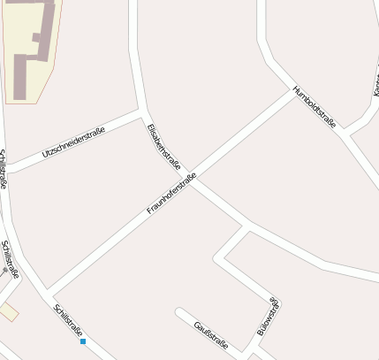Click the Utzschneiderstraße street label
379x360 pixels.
point(73,143)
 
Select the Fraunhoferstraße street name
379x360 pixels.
point(171,195)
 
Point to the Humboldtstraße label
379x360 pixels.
point(315,107)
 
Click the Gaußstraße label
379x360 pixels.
point(211,335)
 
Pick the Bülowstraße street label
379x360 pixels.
point(268,318)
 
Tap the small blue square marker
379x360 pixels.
point(83,341)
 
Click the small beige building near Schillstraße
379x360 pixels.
point(8,311)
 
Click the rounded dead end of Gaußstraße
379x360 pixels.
point(179,312)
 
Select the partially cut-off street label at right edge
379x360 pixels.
point(375,84)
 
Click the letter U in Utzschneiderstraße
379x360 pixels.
point(44,157)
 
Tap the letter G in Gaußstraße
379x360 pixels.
point(196,324)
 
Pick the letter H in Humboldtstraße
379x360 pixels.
point(295,88)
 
